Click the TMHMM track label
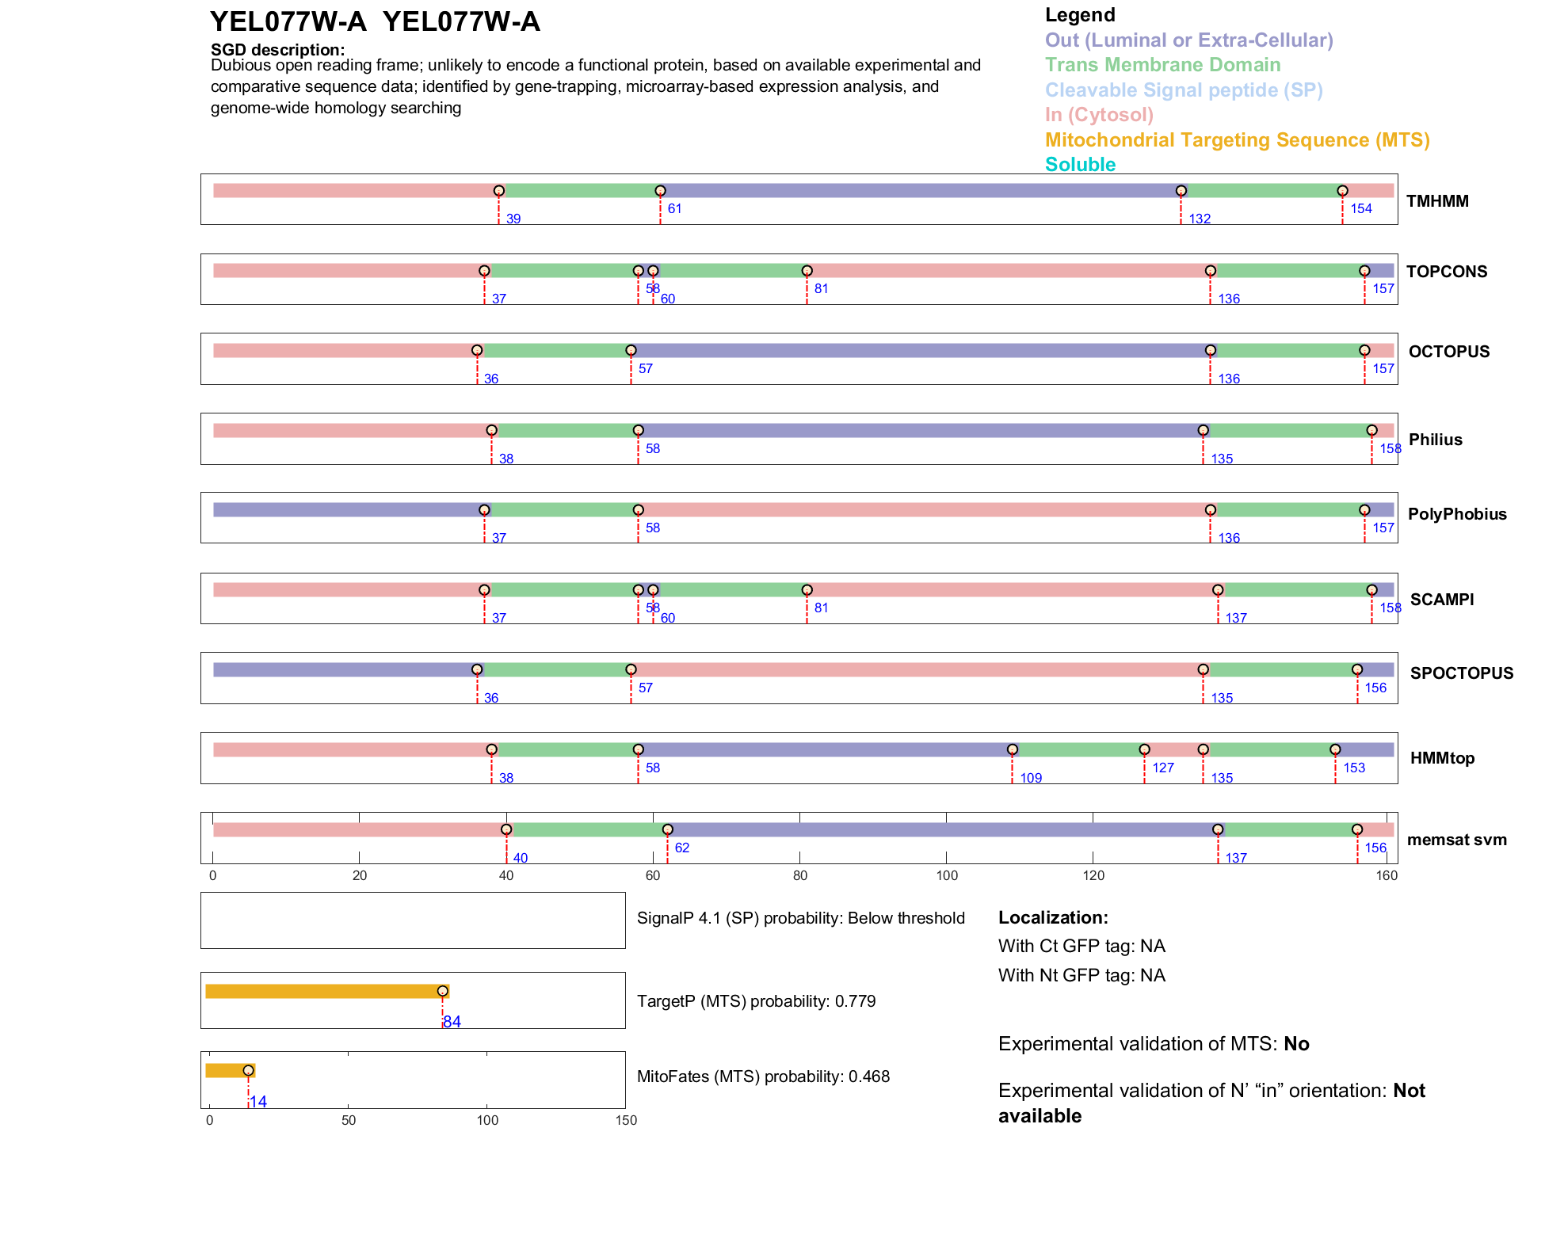[x=1436, y=201]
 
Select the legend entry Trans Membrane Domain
[x=1162, y=65]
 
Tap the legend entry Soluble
[x=1080, y=165]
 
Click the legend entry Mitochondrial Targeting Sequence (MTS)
[x=1237, y=140]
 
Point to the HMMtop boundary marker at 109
[x=1012, y=749]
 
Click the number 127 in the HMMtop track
[x=1163, y=768]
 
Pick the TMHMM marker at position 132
[x=1181, y=191]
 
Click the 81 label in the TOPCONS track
[x=821, y=288]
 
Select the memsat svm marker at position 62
[x=667, y=829]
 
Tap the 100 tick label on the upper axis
[x=947, y=875]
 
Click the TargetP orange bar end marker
[x=442, y=992]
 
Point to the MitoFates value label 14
[x=258, y=1102]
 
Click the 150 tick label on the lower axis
[x=626, y=1120]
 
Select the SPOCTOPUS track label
[x=1461, y=673]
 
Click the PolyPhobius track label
[x=1456, y=514]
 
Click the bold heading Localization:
[x=1052, y=917]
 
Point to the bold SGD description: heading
[x=277, y=50]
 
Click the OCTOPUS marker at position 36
[x=477, y=350]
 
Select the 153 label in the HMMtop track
[x=1354, y=768]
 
